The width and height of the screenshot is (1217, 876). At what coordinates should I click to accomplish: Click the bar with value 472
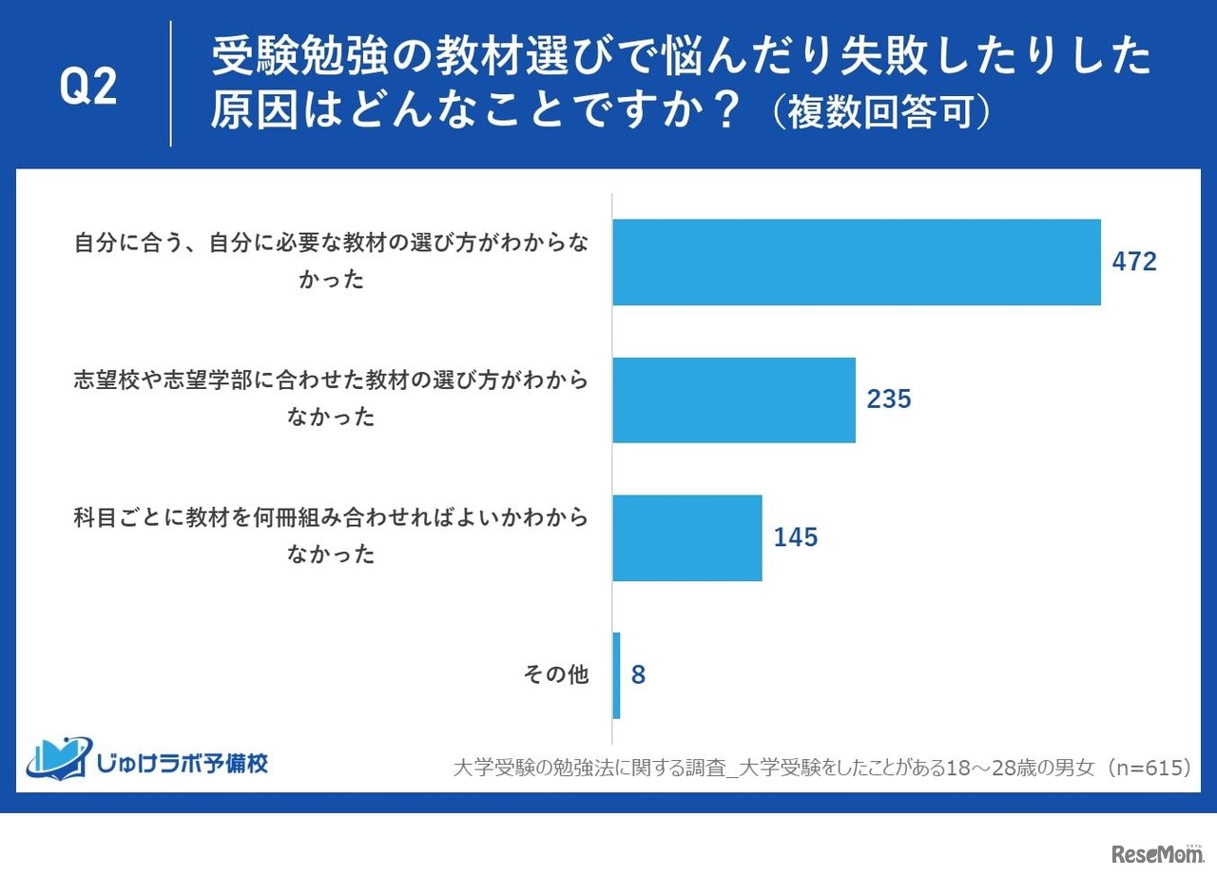(x=856, y=263)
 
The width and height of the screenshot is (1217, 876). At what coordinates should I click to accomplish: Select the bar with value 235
(x=733, y=400)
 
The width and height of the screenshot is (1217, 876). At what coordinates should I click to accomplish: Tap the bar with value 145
(x=686, y=537)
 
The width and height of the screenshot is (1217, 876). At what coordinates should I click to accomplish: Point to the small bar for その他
(x=616, y=675)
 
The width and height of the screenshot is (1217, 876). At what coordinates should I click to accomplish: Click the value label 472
(x=1134, y=263)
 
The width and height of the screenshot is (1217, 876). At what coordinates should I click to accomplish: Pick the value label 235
(x=889, y=399)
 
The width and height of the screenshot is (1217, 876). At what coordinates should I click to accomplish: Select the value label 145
(x=795, y=537)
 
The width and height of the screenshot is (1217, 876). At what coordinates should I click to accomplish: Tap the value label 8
(x=638, y=675)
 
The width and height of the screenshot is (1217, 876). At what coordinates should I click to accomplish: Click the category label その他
(x=556, y=675)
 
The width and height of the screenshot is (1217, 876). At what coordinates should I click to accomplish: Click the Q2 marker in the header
(x=88, y=88)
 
